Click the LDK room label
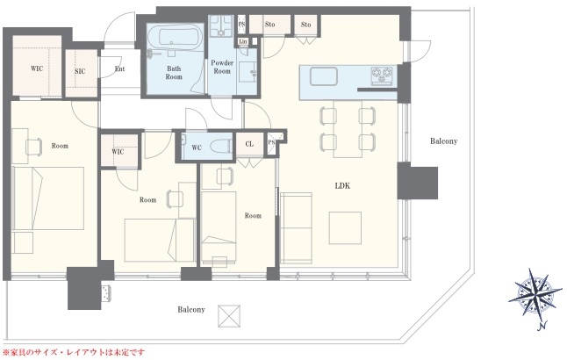coord(342,186)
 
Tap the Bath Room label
coord(174,73)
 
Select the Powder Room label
coord(222,67)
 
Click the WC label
coord(197,148)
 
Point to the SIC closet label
coord(80,71)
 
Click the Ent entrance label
coord(119,68)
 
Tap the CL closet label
coord(249,144)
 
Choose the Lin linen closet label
coord(243,41)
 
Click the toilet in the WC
coord(220,146)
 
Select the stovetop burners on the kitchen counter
coord(382,75)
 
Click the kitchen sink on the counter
coord(324,76)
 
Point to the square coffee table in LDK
coord(345,228)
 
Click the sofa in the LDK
coord(296,228)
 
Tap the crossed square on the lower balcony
coord(229,316)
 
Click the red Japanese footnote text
coord(74,352)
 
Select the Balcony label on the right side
coord(444,141)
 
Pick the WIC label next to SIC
coord(37,68)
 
